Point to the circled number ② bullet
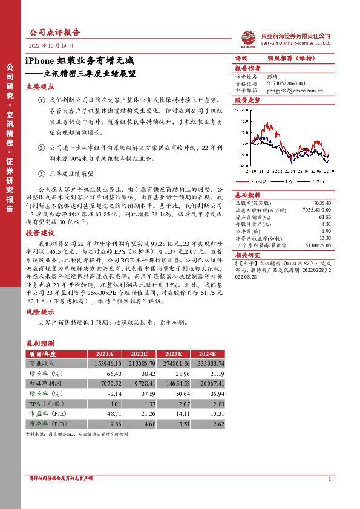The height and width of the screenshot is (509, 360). [41, 147]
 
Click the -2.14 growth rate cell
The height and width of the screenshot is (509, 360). [105, 394]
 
